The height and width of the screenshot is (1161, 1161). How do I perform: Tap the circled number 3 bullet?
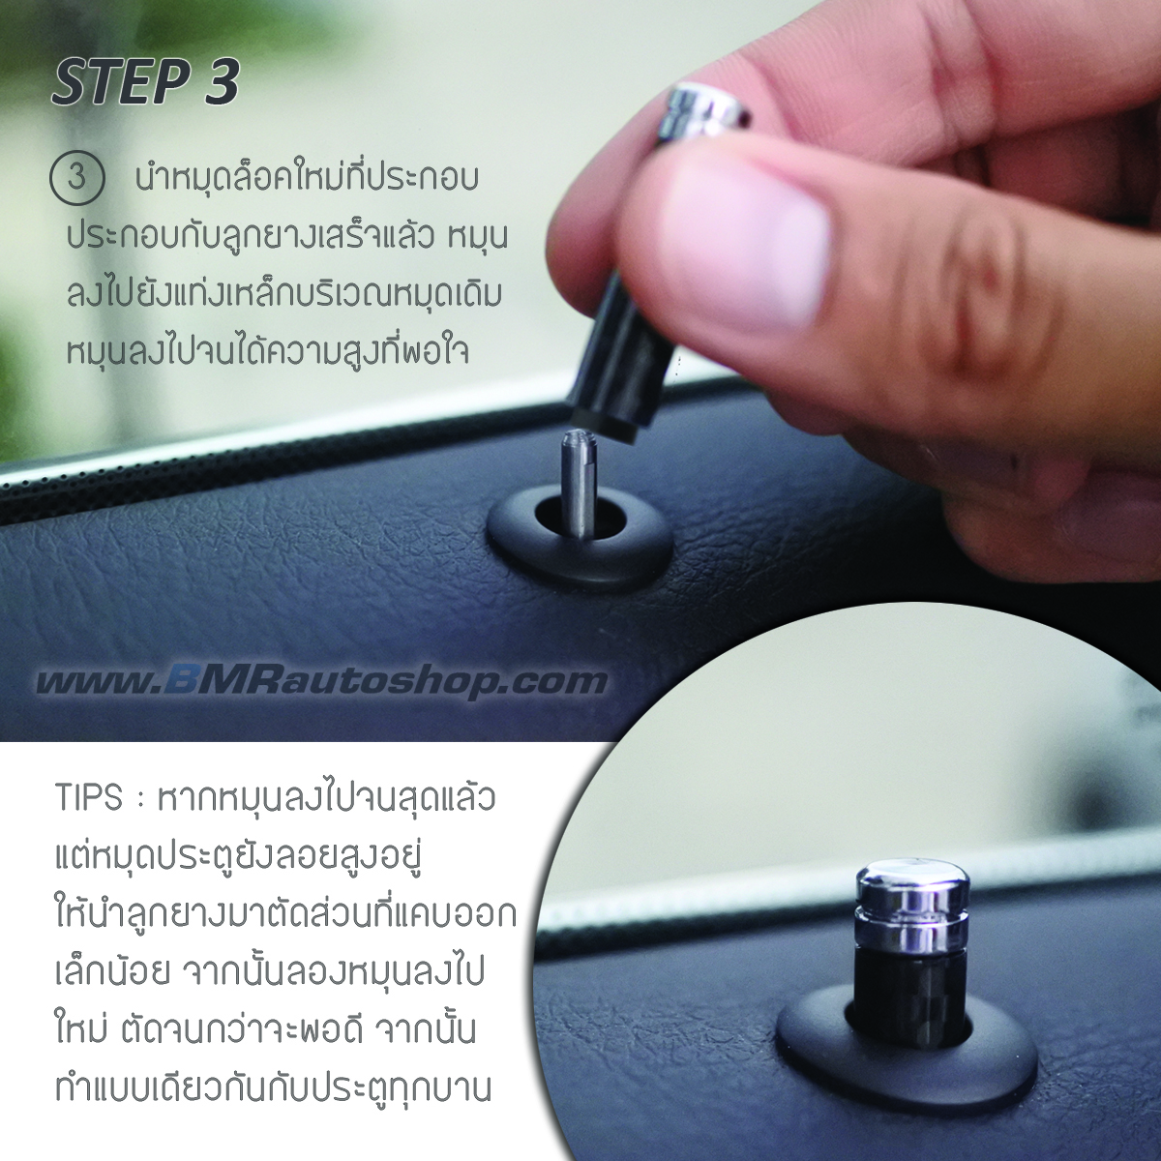click(76, 181)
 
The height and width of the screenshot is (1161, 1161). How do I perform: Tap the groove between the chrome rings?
click(898, 908)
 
